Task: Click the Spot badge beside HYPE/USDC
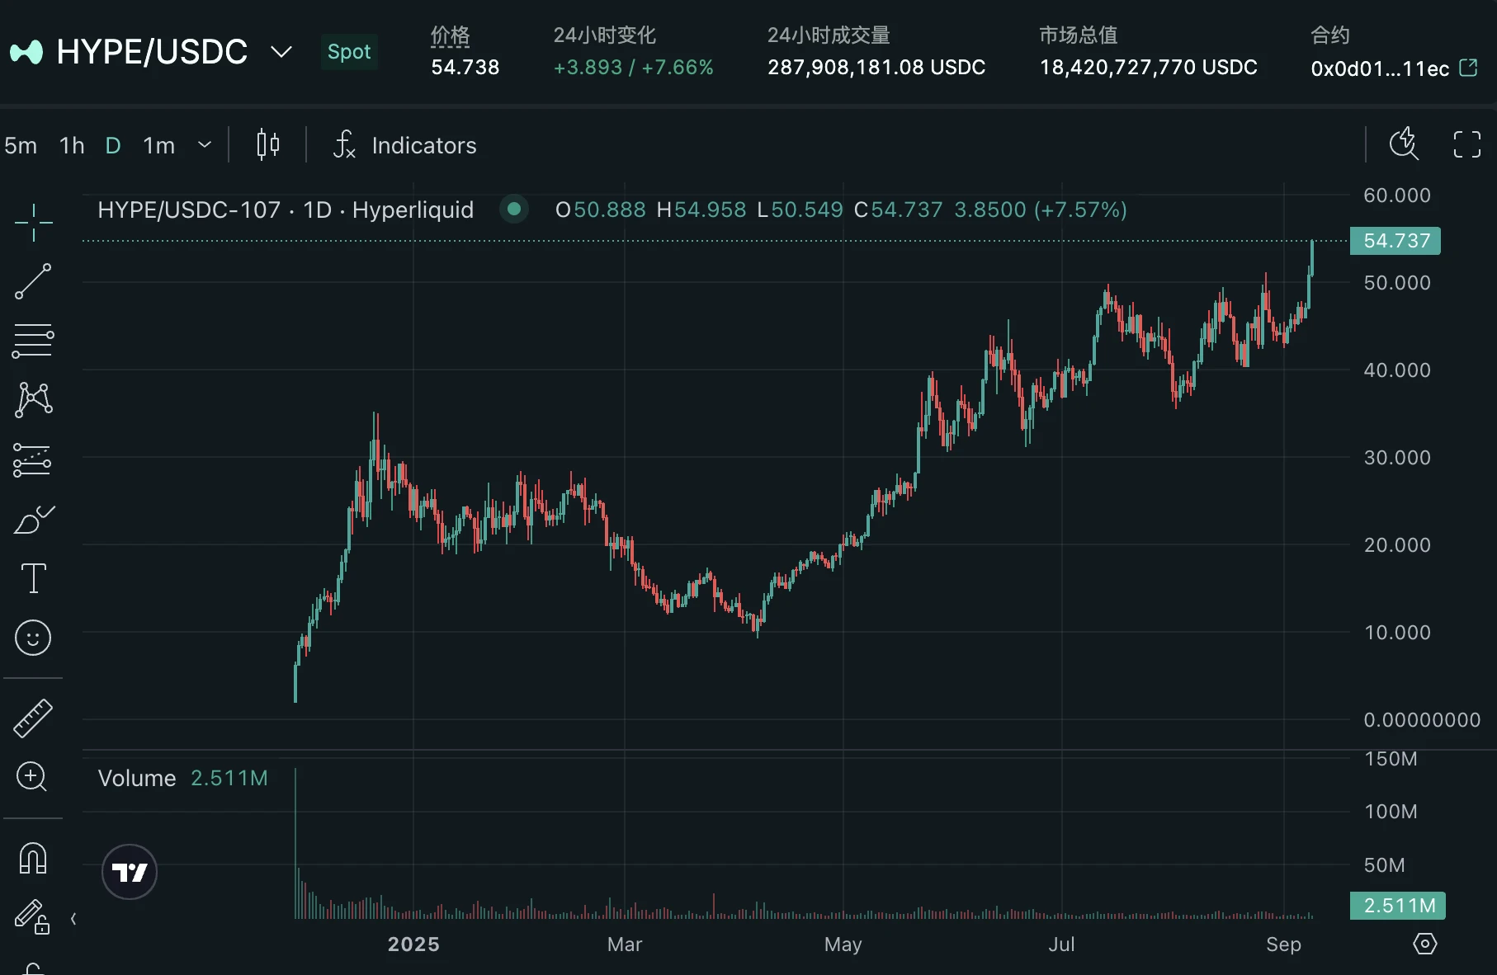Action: coord(349,52)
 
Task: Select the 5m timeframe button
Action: coord(21,146)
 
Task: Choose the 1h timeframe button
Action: coord(72,146)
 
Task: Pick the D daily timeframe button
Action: coord(113,146)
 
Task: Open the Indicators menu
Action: coord(404,145)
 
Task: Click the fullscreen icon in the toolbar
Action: coord(1466,144)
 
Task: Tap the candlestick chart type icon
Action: coord(267,145)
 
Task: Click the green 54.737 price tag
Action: coord(1395,241)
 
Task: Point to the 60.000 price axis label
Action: coord(1396,195)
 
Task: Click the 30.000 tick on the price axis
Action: coord(1396,458)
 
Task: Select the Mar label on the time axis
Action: coord(624,944)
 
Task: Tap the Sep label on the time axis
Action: coord(1283,944)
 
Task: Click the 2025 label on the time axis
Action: coord(413,944)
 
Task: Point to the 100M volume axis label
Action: coord(1391,812)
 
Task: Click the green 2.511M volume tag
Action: coord(1398,906)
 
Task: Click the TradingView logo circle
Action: coord(130,872)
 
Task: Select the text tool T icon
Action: coord(33,578)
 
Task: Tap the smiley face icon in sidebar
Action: coord(33,638)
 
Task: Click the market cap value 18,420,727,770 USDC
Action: coord(1148,68)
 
